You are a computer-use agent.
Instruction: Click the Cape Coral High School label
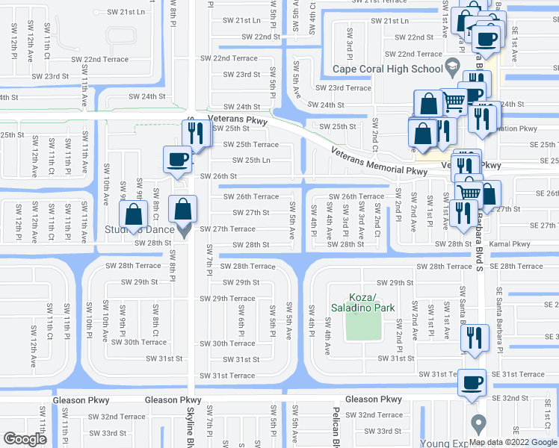click(388, 69)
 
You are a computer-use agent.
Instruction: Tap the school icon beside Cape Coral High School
click(451, 69)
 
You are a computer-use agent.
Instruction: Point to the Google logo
click(25, 439)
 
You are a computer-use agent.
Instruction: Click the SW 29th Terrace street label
click(227, 299)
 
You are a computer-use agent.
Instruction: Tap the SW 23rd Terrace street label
click(343, 88)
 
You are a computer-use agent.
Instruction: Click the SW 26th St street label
click(218, 176)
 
